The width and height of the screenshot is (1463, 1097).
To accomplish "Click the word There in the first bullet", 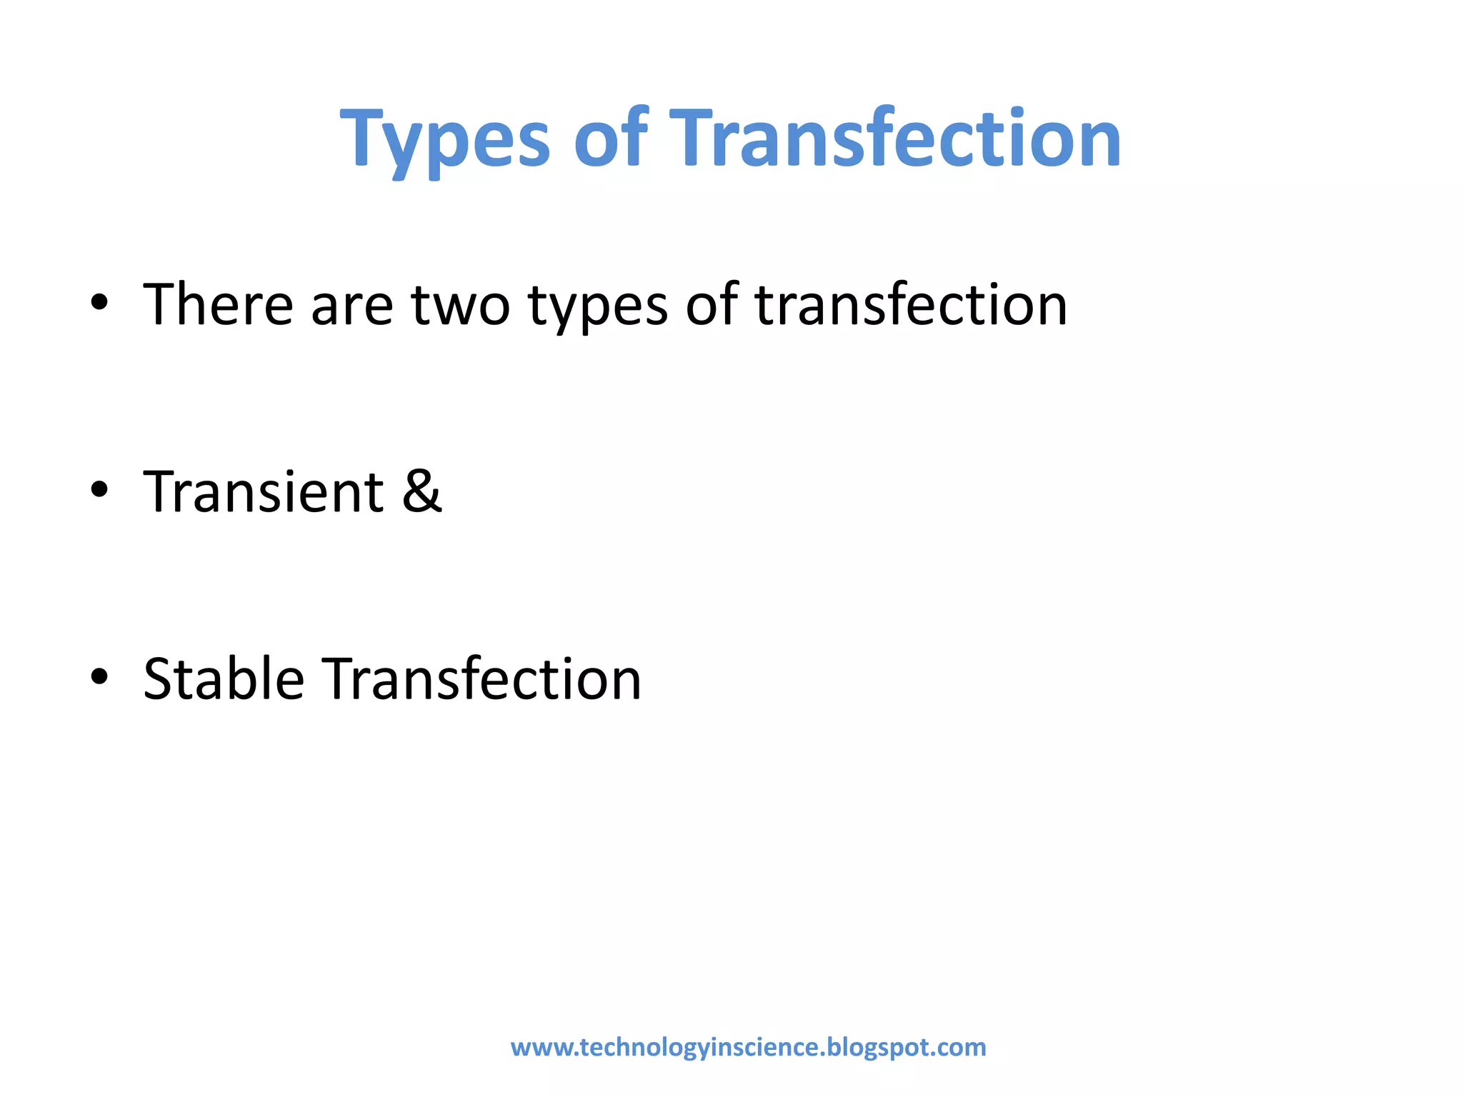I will tap(218, 305).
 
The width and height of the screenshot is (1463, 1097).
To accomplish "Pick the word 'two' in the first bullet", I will tap(461, 306).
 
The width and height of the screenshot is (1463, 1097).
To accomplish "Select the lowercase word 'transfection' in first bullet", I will tap(911, 305).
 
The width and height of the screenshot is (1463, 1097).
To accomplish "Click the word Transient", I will tap(264, 492).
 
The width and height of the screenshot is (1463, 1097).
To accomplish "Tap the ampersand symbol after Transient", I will tap(421, 492).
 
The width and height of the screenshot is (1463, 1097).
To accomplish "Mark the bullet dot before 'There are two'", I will tap(99, 303).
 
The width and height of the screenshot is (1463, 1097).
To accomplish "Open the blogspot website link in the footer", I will tap(748, 1048).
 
